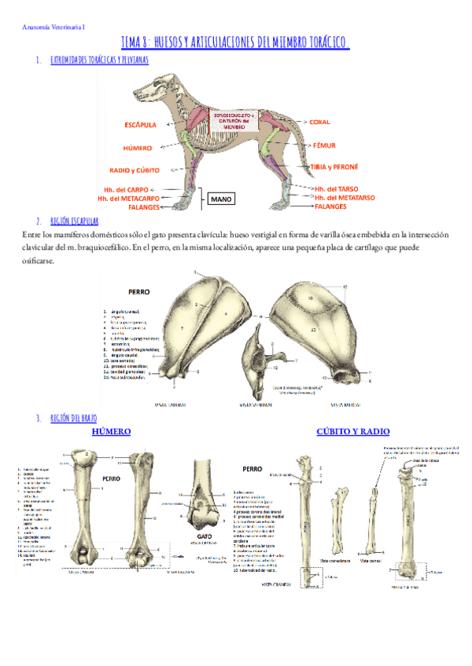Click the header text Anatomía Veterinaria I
[54, 27]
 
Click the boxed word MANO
[221, 199]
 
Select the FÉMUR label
[325, 146]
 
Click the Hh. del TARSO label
[336, 189]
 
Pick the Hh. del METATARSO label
[346, 198]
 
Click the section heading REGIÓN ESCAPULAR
[74, 221]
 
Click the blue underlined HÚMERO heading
[111, 432]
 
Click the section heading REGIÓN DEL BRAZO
[73, 419]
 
